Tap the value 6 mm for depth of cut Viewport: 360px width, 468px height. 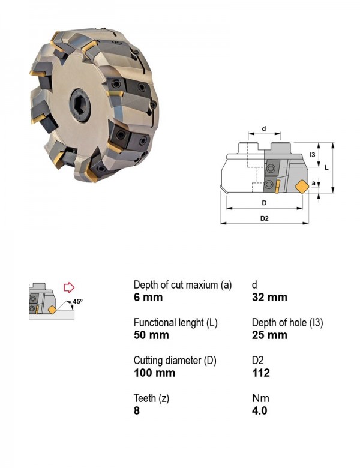click(x=148, y=297)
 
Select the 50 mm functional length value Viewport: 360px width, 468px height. click(x=151, y=335)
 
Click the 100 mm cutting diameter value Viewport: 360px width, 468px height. click(x=154, y=373)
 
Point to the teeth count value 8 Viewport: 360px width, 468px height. click(x=137, y=410)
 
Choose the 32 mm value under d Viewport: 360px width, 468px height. click(x=269, y=297)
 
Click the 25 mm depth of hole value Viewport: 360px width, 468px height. click(x=269, y=335)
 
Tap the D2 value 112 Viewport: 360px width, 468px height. click(x=261, y=373)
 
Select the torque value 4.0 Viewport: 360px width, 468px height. click(x=259, y=410)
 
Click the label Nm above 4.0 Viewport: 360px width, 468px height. click(x=260, y=398)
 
